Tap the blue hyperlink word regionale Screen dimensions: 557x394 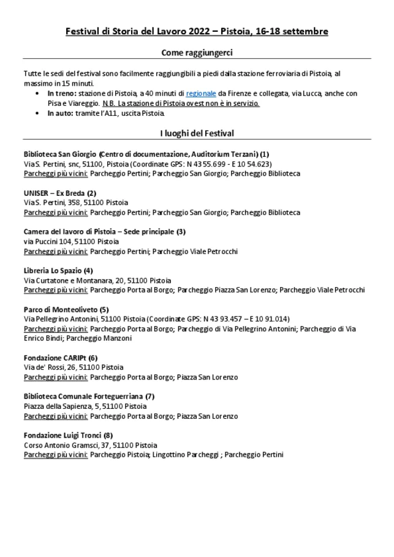point(201,94)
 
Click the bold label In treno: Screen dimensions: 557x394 point(63,94)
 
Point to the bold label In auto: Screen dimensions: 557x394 point(61,113)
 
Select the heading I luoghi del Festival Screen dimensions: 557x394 point(197,133)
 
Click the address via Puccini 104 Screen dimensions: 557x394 point(48,241)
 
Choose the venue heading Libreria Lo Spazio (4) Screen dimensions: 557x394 point(58,270)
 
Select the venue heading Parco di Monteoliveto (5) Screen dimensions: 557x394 point(66,309)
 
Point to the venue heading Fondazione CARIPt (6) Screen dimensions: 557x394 point(61,357)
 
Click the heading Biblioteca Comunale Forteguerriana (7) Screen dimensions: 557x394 point(89,396)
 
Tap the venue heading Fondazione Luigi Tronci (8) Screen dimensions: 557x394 point(68,435)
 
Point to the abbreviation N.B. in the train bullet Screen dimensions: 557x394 point(108,103)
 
